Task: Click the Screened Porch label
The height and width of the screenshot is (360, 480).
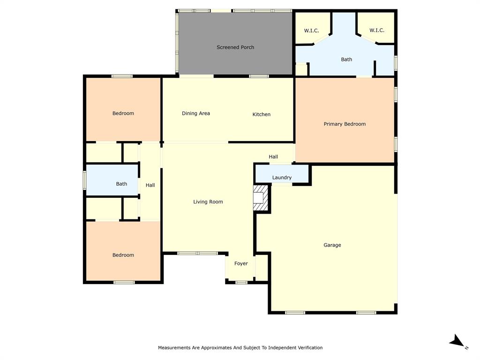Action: (235, 47)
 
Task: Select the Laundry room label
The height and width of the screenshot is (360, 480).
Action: (282, 178)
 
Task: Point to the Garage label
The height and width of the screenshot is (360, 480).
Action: (332, 245)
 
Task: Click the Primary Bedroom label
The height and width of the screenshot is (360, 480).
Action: (345, 124)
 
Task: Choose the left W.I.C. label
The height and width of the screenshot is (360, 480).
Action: (311, 30)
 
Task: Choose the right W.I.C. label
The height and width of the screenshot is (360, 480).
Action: (377, 30)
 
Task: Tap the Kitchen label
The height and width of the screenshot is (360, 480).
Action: (262, 114)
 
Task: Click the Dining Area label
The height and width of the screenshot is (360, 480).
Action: (196, 113)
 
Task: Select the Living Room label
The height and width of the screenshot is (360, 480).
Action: (208, 202)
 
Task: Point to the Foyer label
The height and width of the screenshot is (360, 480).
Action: (241, 263)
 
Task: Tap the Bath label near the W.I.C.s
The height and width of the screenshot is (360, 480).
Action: (346, 60)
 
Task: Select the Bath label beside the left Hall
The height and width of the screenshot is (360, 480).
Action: (121, 184)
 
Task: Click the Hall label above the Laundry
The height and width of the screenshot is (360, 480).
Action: (273, 157)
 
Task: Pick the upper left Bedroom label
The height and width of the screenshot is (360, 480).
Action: (123, 113)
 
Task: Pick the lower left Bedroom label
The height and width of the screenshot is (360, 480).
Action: (123, 255)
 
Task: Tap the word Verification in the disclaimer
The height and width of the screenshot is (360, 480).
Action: (308, 348)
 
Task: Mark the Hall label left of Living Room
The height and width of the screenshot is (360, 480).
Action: (150, 185)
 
